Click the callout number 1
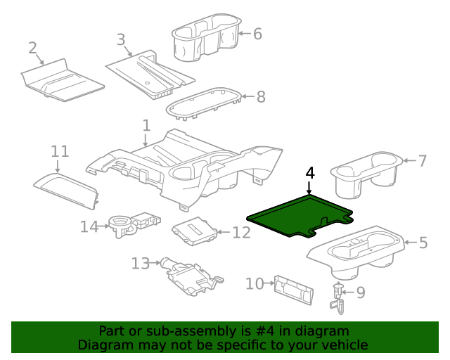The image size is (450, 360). pyautogui.click(x=146, y=125)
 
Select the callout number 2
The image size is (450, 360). pyautogui.click(x=32, y=48)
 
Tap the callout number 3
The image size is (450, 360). pyautogui.click(x=121, y=39)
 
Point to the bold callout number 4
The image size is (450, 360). pyautogui.click(x=310, y=173)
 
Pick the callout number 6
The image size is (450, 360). pyautogui.click(x=257, y=33)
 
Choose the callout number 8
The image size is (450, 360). pyautogui.click(x=261, y=97)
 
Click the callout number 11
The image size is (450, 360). pyautogui.click(x=60, y=151)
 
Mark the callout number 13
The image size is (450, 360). pyautogui.click(x=141, y=264)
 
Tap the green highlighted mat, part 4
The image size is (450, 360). pyautogui.click(x=295, y=217)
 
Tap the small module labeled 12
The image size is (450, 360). pyautogui.click(x=194, y=231)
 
